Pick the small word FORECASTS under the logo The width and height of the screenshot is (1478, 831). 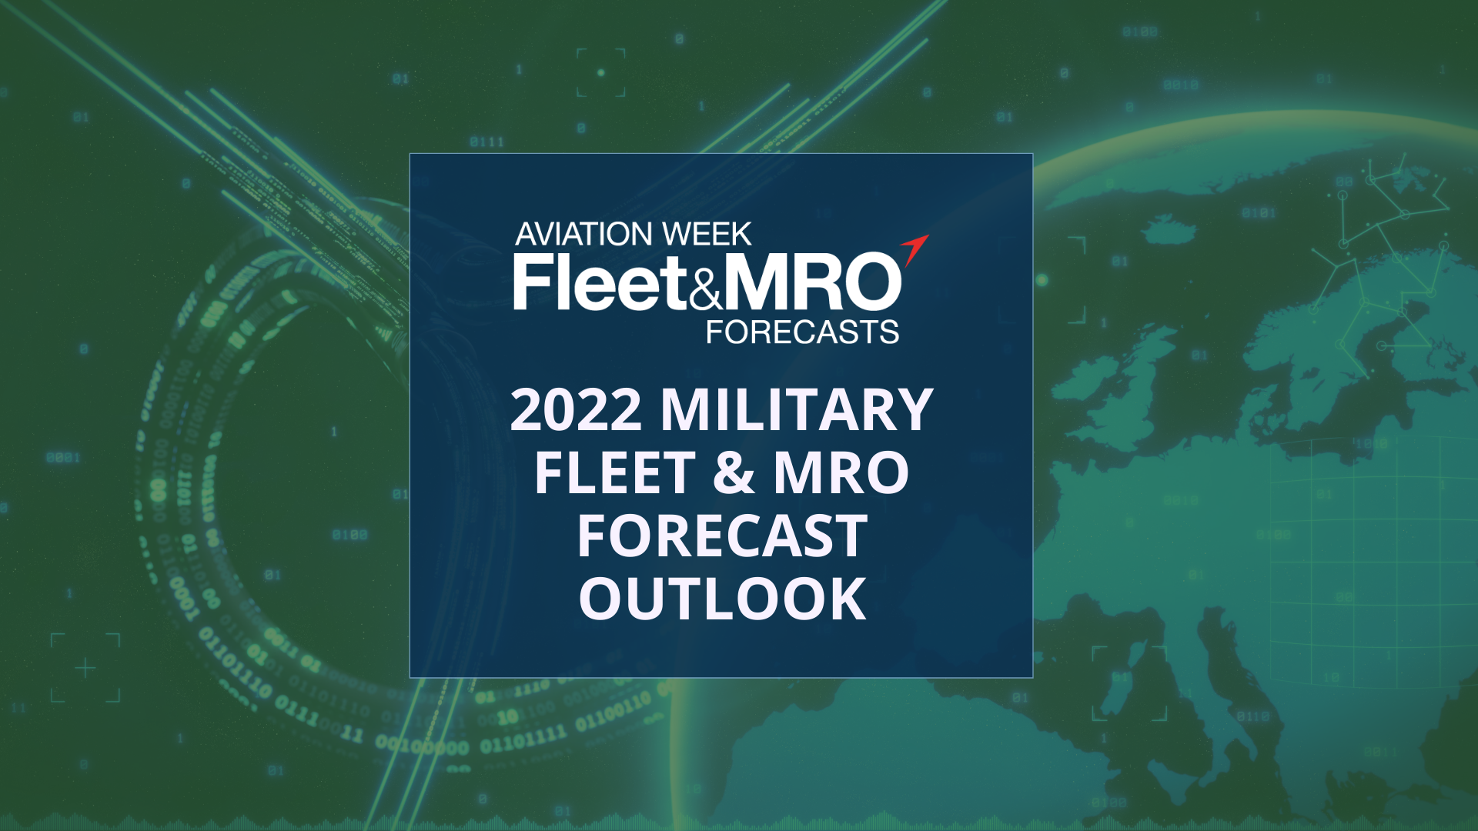[802, 332]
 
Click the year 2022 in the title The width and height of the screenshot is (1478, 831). [576, 409]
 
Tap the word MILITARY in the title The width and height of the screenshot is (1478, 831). [797, 409]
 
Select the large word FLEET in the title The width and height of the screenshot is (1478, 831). [614, 472]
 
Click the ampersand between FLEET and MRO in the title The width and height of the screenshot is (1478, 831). [734, 472]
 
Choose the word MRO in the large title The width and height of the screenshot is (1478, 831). [841, 472]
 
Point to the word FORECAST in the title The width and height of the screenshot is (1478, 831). [722, 536]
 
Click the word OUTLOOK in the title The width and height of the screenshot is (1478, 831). [722, 599]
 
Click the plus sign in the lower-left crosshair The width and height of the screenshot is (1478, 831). [85, 668]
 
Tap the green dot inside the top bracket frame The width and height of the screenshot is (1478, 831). [601, 73]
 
